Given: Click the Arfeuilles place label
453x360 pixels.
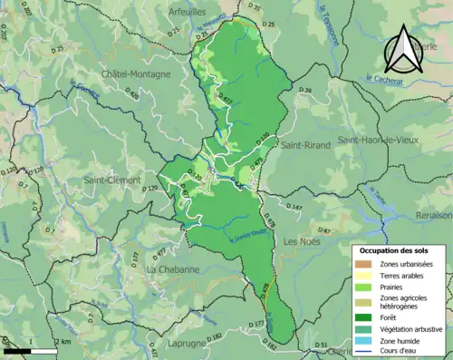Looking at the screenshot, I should (x=188, y=11).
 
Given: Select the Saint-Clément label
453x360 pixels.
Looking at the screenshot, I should (x=111, y=180).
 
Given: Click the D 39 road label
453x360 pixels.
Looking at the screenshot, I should (x=305, y=92).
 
